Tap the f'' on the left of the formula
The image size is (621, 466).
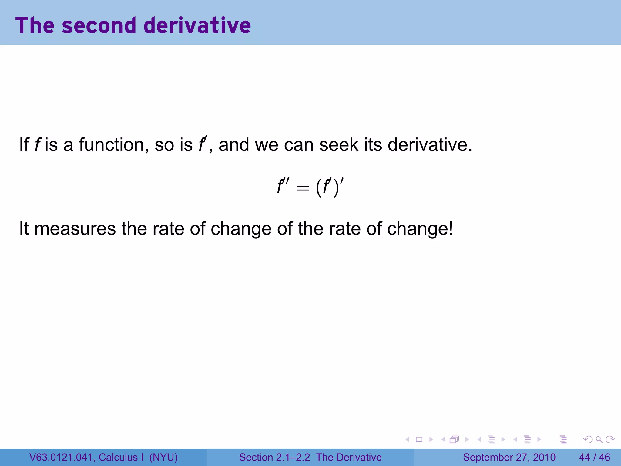[283, 186]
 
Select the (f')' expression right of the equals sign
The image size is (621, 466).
[330, 187]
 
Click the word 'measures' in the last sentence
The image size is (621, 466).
[75, 228]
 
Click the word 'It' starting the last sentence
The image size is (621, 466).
[24, 228]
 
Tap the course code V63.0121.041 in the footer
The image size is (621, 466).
[62, 457]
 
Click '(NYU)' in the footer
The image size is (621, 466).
[163, 457]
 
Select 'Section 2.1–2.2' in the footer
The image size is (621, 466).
[274, 457]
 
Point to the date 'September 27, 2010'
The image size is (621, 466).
[509, 457]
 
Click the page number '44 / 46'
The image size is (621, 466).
[594, 457]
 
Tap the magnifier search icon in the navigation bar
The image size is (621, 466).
[599, 439]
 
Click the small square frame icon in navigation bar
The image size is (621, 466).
[419, 439]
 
